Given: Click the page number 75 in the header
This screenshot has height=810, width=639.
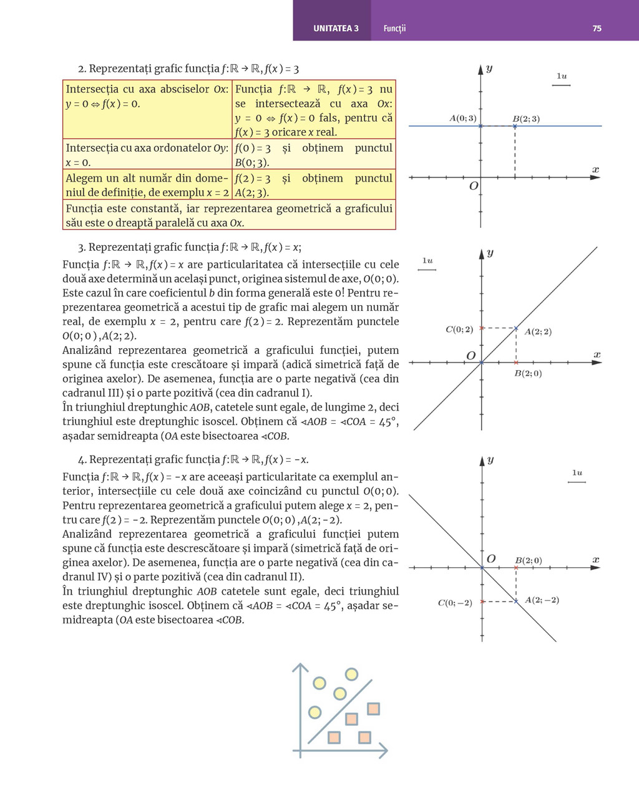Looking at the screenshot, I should pos(597,29).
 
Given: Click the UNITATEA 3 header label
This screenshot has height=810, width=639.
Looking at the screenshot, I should pos(336,29).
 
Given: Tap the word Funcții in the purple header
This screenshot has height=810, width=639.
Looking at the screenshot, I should pos(394,29).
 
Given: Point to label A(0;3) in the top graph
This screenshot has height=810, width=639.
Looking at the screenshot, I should pos(462,118).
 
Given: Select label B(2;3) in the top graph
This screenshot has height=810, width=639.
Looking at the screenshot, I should pos(526,119).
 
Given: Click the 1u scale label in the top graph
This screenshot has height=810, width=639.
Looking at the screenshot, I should pos(562,76).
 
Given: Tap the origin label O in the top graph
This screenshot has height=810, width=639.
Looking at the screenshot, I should pos(474,186).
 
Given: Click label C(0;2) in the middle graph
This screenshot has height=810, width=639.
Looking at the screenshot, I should pos(459,329).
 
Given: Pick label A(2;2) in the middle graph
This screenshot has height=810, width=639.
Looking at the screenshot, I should pos(538,332).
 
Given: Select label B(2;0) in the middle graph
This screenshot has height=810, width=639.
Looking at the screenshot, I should pos(528,374).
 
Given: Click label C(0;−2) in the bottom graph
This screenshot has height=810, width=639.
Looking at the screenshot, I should pos(455,603).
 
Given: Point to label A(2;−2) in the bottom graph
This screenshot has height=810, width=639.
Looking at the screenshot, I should pos(542,600).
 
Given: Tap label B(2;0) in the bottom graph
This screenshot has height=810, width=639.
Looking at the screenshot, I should pos(529,560).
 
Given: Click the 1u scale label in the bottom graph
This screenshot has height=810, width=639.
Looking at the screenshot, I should pos(577,473).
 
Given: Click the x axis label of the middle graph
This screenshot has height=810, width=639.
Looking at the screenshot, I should pos(597,354).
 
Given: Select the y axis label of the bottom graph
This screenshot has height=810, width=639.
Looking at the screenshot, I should pos(490,460).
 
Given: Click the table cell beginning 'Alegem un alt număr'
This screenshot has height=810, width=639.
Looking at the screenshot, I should pos(147,185).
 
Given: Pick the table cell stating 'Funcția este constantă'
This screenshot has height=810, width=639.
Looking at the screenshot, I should pos(229,215).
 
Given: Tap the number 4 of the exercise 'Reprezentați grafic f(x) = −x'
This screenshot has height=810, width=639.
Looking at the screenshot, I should pos(81,460).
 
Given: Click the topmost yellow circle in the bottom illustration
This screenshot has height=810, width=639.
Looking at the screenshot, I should pos(351,674).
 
